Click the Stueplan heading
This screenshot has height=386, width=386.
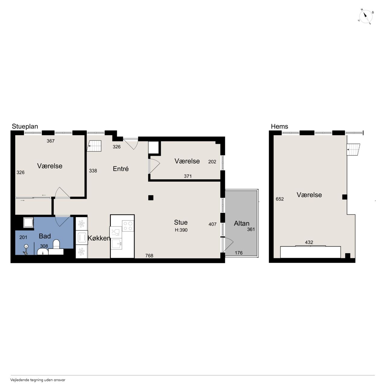tap(25, 126)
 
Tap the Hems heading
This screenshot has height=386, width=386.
tap(279, 126)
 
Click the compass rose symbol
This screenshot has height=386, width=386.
tap(365, 17)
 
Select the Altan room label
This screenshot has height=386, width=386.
tap(242, 223)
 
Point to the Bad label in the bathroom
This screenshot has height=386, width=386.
tap(45, 236)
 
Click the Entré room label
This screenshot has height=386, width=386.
tap(121, 169)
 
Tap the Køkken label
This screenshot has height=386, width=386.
tap(99, 238)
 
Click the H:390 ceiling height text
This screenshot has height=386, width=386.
tap(181, 230)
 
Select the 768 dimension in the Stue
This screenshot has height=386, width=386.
tap(149, 256)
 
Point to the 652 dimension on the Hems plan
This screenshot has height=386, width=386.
tap(280, 199)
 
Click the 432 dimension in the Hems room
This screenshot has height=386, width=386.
tap(309, 242)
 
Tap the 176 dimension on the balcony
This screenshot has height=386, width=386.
tap(239, 253)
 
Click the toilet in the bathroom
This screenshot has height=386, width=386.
tap(56, 244)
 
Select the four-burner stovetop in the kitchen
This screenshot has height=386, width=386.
tap(128, 226)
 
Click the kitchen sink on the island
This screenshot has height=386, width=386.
tap(116, 244)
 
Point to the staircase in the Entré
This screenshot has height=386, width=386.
tap(94, 146)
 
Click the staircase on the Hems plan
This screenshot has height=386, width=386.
tap(353, 150)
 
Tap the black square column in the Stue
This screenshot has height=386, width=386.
tap(151, 198)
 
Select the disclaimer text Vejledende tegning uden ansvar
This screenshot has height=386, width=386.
tap(38, 380)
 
